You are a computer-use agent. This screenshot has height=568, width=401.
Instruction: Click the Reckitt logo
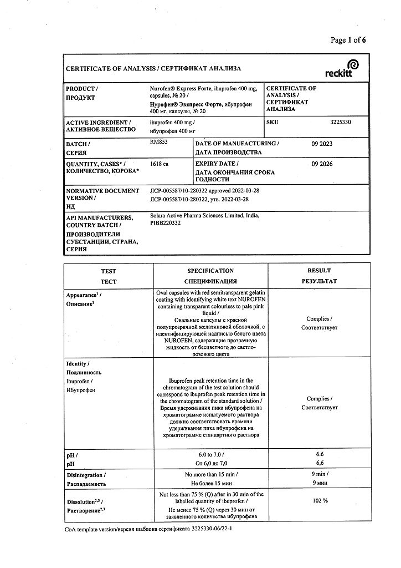pos(342,69)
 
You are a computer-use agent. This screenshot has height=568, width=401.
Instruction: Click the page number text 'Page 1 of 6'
pos(348,39)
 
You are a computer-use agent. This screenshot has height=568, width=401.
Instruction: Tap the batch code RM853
pos(158,143)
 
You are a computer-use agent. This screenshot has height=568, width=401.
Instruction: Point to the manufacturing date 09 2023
pos(322,144)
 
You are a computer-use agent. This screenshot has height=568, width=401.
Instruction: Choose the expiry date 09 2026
pos(322,164)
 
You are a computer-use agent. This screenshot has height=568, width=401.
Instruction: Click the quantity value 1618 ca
pos(159,164)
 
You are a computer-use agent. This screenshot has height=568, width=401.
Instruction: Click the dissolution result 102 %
pos(320,500)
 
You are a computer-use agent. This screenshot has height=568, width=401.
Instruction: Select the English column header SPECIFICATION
pos(210,271)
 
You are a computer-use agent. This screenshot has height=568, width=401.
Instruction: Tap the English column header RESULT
pos(319,271)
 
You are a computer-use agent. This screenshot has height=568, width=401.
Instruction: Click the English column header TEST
pos(109,271)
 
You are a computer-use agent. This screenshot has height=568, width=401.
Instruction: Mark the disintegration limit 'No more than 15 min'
pos(210,475)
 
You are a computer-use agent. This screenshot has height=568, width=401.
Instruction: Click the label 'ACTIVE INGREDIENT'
pos(97,122)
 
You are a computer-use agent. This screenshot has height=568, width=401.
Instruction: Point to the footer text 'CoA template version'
pos(96,530)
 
